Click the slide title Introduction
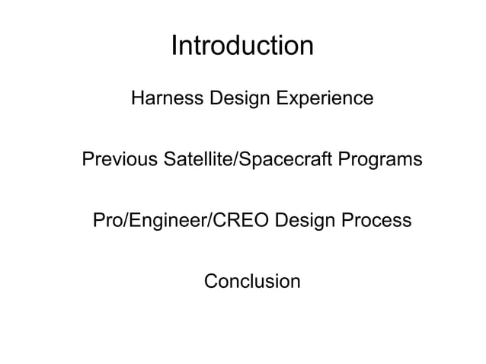pyautogui.click(x=242, y=46)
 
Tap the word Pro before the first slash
pyautogui.click(x=107, y=222)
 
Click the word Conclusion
pyautogui.click(x=252, y=282)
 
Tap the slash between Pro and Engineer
pyautogui.click(x=125, y=222)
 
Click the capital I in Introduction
pyautogui.click(x=174, y=46)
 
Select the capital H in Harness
pyautogui.click(x=138, y=99)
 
